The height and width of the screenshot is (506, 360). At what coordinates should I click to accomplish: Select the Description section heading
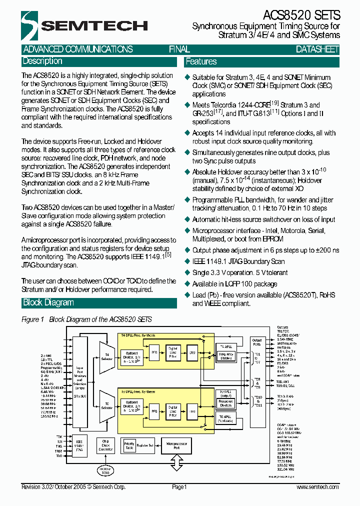tap(42, 61)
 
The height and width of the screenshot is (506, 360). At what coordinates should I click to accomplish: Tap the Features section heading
tap(201, 62)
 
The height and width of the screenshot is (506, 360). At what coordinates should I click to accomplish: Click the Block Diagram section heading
tap(48, 303)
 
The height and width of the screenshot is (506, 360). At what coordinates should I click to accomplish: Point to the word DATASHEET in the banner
tap(317, 49)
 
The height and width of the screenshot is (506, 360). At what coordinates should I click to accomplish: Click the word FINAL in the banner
tap(179, 49)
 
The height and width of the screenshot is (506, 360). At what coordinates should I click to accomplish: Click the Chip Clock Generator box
tap(105, 444)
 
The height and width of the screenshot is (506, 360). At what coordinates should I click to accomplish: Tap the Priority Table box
tap(129, 445)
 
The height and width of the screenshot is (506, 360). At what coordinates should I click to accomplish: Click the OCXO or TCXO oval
tap(105, 469)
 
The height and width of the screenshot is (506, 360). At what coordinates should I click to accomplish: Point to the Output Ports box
tap(256, 342)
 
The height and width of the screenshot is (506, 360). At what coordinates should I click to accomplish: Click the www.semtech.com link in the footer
tap(317, 487)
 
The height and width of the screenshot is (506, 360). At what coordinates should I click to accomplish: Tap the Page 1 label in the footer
tap(179, 487)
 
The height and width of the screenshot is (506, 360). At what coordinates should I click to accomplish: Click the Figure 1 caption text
tap(86, 319)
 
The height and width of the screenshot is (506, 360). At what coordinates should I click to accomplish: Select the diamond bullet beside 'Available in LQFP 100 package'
tap(188, 284)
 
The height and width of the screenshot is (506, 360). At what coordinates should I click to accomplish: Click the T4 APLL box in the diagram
tap(226, 346)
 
